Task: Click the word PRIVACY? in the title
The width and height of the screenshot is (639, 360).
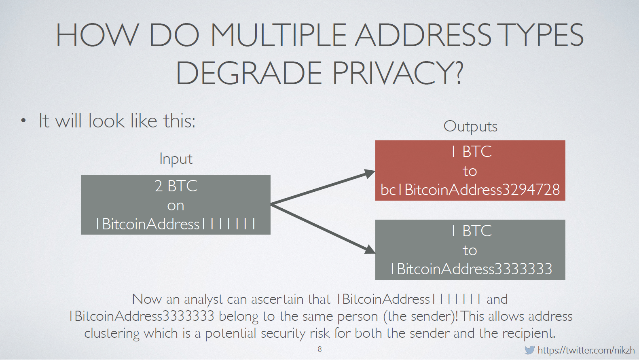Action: tap(398, 73)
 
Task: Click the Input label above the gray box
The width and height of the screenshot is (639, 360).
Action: tap(176, 159)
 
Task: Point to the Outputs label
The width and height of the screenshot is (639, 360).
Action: tap(470, 126)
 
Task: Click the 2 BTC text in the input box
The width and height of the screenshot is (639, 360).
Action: tap(176, 186)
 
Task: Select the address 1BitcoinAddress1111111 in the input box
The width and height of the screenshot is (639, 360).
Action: tap(176, 224)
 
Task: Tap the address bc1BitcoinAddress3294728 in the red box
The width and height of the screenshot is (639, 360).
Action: tap(470, 190)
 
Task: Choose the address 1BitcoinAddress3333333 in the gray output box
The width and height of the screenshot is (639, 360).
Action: tap(471, 269)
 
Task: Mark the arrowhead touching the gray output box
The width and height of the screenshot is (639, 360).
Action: tap(370, 249)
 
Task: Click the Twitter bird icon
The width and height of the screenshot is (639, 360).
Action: tap(529, 350)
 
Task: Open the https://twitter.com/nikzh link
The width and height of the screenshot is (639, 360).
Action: tap(586, 350)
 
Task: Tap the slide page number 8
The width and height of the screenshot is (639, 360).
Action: tap(320, 349)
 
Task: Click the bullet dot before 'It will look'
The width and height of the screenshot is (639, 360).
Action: tap(23, 121)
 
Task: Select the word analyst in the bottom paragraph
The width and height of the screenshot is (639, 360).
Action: tap(203, 299)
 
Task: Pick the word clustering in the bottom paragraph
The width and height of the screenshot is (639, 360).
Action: tap(112, 333)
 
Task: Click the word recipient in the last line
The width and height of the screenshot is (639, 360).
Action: tap(529, 333)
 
